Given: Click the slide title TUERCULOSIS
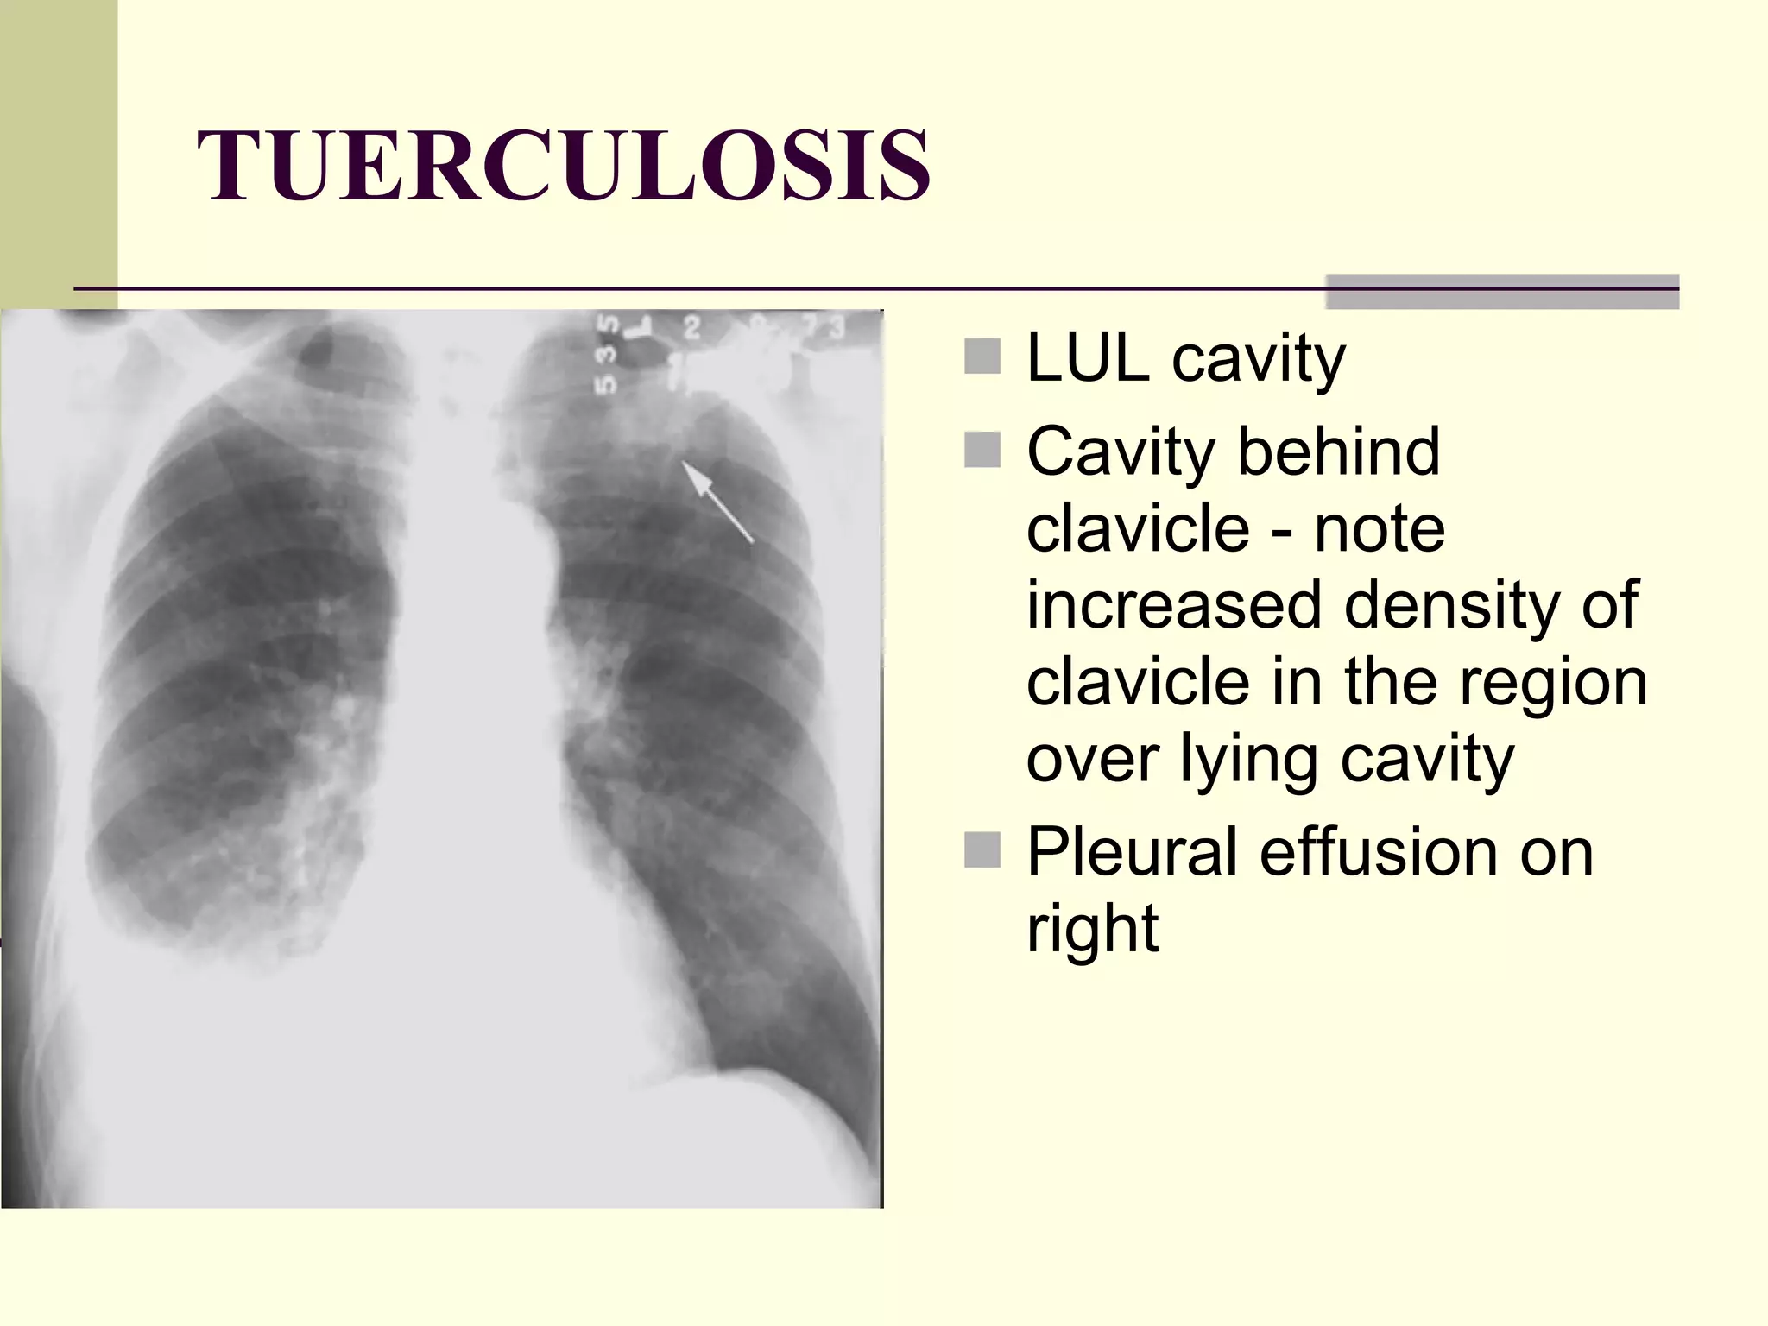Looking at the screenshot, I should [x=564, y=165].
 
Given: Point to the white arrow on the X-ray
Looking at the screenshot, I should [x=717, y=502].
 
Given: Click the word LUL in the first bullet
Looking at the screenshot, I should [x=1088, y=358].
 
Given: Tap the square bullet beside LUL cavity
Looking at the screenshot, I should [x=982, y=357].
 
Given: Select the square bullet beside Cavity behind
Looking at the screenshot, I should [x=982, y=450].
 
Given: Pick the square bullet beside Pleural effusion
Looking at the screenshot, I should [x=982, y=849].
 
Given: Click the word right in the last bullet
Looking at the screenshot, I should [x=1092, y=929].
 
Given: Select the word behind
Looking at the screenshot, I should [x=1338, y=451].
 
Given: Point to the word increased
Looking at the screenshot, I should [x=1174, y=604].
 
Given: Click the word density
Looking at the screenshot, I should [x=1450, y=604].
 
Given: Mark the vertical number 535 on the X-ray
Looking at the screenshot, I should [x=609, y=354].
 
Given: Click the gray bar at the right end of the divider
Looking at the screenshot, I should [x=1502, y=291].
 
